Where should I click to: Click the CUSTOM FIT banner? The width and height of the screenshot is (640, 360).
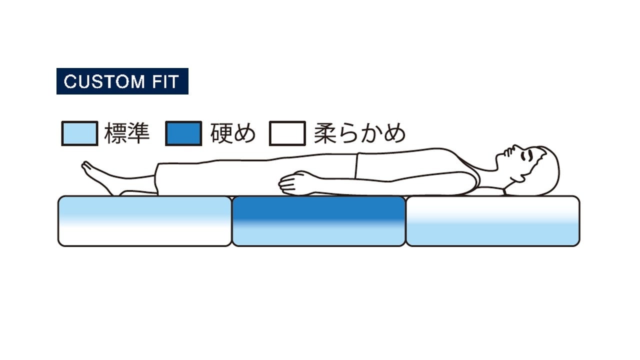point(122,81)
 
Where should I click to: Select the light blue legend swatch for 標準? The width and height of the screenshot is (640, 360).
point(79,133)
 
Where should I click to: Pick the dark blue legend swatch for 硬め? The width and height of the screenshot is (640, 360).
point(183,133)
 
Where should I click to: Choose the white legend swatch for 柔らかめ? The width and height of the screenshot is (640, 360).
point(287,133)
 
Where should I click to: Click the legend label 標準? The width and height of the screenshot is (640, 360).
point(127,133)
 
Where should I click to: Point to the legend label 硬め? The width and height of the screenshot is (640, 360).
point(233,133)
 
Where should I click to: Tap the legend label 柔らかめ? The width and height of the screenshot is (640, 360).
point(359,133)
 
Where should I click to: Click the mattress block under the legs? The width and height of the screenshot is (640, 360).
point(145,221)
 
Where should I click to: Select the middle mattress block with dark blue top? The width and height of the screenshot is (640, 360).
point(318,221)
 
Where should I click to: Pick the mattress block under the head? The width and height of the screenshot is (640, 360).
point(492,221)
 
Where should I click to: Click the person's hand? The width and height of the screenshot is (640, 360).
point(292,183)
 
